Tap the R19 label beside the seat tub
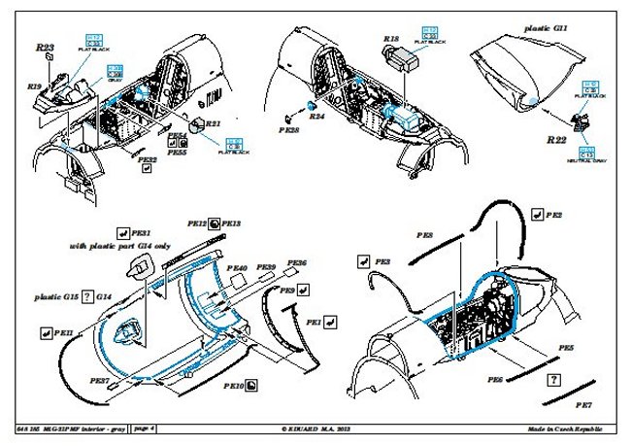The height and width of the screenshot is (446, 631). point(34,87)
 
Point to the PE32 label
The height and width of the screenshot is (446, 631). point(147,158)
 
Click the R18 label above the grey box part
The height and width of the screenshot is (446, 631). point(392,39)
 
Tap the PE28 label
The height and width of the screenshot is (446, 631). point(288,127)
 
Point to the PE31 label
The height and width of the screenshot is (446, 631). point(142,233)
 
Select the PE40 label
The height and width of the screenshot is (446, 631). point(237,267)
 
